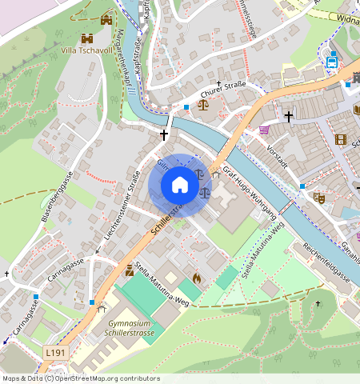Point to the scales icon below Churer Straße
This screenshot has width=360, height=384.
202,103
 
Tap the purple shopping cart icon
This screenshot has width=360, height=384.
264,130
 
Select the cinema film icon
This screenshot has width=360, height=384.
342,139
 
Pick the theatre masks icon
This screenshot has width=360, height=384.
319,197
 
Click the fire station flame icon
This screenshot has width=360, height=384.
196,278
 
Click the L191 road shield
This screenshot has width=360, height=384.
55,352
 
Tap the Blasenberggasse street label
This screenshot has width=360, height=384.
57,196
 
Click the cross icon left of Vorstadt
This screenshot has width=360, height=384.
287,117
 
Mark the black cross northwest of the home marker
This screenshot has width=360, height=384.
165,135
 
